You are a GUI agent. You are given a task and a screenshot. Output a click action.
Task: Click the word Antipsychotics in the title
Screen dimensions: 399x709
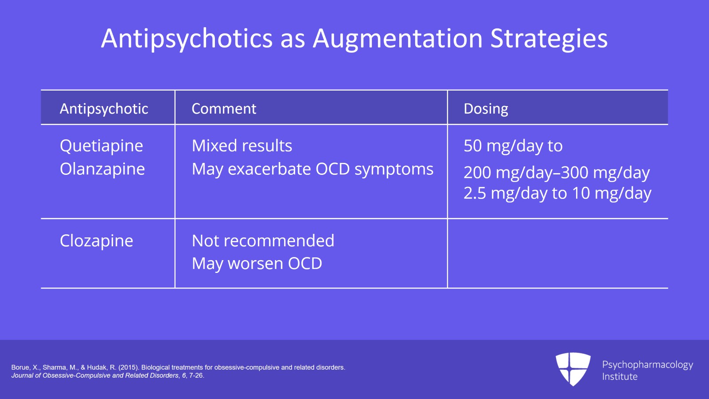[x=187, y=39]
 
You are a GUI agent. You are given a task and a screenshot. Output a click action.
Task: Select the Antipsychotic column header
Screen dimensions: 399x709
[x=104, y=109]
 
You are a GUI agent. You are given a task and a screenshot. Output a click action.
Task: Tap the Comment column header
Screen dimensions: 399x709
[x=224, y=109]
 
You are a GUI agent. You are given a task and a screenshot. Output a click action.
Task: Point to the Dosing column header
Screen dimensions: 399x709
[x=486, y=109]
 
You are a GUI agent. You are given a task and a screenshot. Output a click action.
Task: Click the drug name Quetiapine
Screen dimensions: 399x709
[x=101, y=146]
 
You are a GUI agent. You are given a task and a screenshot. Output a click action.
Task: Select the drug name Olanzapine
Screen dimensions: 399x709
[x=102, y=169]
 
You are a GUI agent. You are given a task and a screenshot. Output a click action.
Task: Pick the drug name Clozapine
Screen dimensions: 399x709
[x=96, y=241]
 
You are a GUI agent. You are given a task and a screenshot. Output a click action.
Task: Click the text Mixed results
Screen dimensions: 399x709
[x=242, y=146]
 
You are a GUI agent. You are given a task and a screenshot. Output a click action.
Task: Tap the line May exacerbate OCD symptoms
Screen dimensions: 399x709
[x=312, y=170]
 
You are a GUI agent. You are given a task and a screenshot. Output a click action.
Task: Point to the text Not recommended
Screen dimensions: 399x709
[x=263, y=241]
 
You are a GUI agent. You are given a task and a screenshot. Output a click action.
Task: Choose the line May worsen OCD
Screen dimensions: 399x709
[x=257, y=264]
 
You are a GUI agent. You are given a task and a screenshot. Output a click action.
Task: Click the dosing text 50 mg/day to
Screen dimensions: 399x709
[x=513, y=146]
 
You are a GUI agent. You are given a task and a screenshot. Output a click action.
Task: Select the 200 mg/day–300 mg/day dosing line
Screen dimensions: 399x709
[x=557, y=173]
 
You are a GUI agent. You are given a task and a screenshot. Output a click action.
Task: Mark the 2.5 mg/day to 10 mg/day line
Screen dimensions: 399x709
[x=557, y=194]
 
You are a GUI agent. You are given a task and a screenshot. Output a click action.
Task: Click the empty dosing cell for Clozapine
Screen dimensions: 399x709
[x=557, y=253]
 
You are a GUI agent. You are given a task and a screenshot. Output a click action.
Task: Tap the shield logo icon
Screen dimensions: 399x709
[x=573, y=369]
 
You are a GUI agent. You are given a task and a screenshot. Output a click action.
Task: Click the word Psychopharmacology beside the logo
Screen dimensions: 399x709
[x=647, y=365]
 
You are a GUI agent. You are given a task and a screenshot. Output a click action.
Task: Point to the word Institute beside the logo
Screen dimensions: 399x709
[x=619, y=377]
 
